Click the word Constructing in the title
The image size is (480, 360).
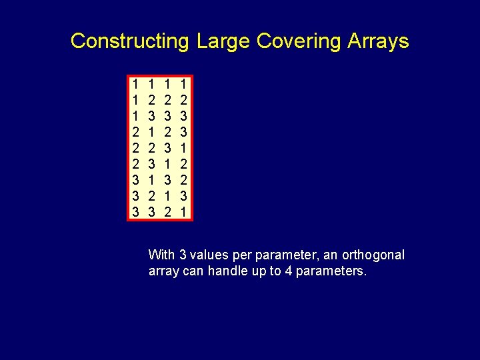point(130,41)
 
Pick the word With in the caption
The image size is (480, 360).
point(162,255)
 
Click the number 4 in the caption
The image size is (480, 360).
point(287,271)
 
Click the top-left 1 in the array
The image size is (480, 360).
point(135,84)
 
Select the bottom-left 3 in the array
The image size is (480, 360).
point(135,212)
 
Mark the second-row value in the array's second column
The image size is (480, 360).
point(152,100)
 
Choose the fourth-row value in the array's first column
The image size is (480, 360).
point(135,132)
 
